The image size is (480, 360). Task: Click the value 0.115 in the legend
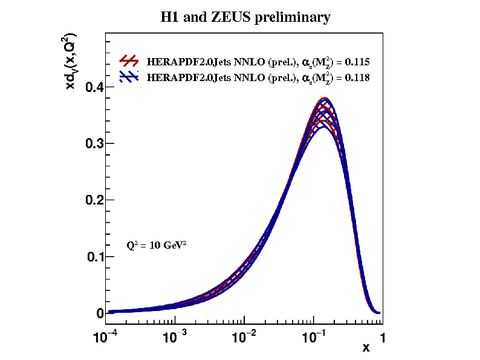(357, 62)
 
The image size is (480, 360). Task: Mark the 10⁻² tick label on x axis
(245, 336)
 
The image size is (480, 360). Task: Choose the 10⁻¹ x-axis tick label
(314, 336)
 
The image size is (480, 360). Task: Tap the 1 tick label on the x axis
(382, 337)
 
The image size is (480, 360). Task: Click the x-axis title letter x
(366, 348)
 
